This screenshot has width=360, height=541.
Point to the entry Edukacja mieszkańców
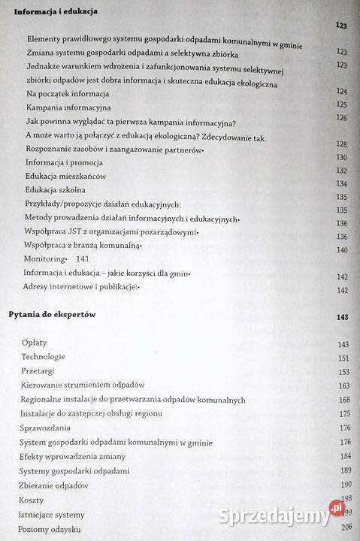pos(65,176)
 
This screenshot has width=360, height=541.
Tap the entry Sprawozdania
pos(47,428)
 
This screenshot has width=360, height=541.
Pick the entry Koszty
pos(33,499)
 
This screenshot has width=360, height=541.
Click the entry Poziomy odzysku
pos(50,528)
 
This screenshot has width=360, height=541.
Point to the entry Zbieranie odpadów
pos(54,485)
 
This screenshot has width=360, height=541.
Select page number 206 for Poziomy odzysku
pos(346,529)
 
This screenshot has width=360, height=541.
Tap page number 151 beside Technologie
pos(344,358)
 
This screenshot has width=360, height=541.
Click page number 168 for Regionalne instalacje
pos(344,400)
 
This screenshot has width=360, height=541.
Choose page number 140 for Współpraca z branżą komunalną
pos(341,249)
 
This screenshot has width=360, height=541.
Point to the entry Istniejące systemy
pos(55,514)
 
